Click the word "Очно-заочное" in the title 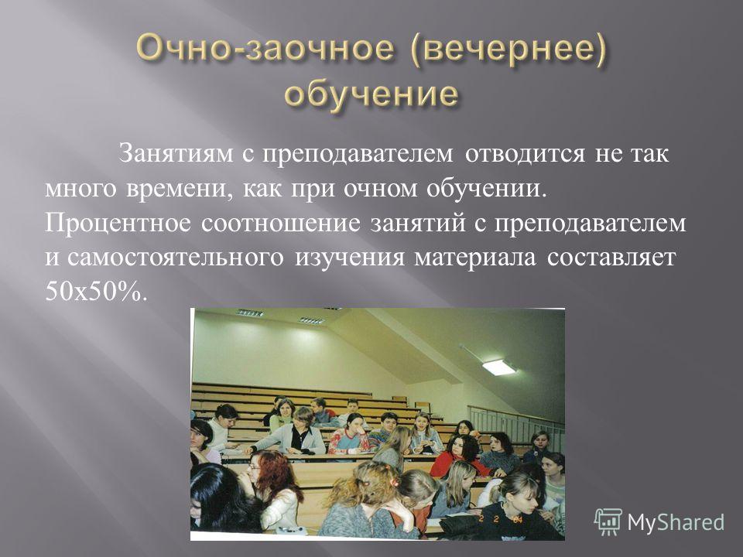tap(265, 49)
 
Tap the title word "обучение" tap(371, 94)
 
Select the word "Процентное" tap(118, 224)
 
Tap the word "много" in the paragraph tap(80, 190)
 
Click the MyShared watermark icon tap(608, 522)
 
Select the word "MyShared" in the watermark tap(676, 522)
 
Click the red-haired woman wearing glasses tap(272, 478)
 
